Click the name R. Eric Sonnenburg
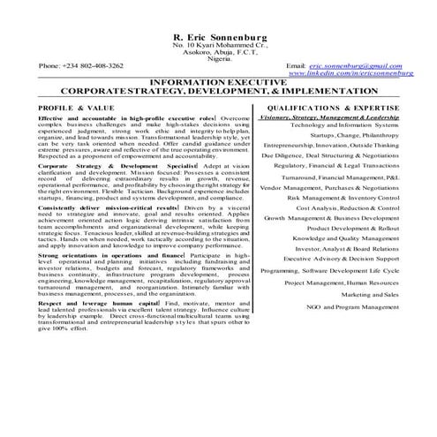tap(218, 35)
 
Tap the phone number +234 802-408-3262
tap(81, 65)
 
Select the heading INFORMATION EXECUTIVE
tap(218, 82)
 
